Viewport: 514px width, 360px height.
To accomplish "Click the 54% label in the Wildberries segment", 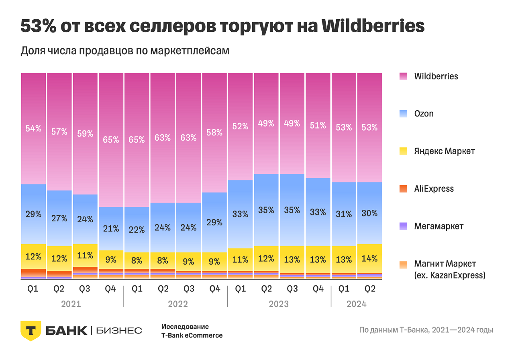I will click(x=34, y=129).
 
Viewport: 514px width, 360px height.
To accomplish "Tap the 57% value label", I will click(x=59, y=131).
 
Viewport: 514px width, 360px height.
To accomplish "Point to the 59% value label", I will click(x=85, y=133).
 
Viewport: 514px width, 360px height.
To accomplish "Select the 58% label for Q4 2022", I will click(x=214, y=132).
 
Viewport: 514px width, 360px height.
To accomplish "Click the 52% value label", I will click(x=240, y=126).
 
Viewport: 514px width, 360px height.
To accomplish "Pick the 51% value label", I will click(x=318, y=125).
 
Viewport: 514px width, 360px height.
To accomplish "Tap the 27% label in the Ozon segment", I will click(x=59, y=218).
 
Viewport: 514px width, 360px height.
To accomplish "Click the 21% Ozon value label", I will click(x=111, y=229).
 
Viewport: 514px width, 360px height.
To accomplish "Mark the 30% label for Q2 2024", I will click(x=369, y=213).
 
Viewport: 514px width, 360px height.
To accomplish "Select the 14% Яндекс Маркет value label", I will click(x=369, y=259).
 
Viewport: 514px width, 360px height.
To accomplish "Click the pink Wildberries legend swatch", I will click(x=404, y=76).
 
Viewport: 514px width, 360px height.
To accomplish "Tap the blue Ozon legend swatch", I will click(x=404, y=114).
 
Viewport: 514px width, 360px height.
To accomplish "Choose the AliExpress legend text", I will click(x=434, y=189).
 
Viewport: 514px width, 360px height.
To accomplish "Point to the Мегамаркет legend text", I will click(x=439, y=226).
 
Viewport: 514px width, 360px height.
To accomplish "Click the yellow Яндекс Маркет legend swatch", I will click(x=404, y=151).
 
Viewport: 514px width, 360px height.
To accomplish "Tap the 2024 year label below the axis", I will click(x=356, y=304).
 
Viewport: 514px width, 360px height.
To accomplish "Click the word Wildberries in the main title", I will click(x=373, y=27).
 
